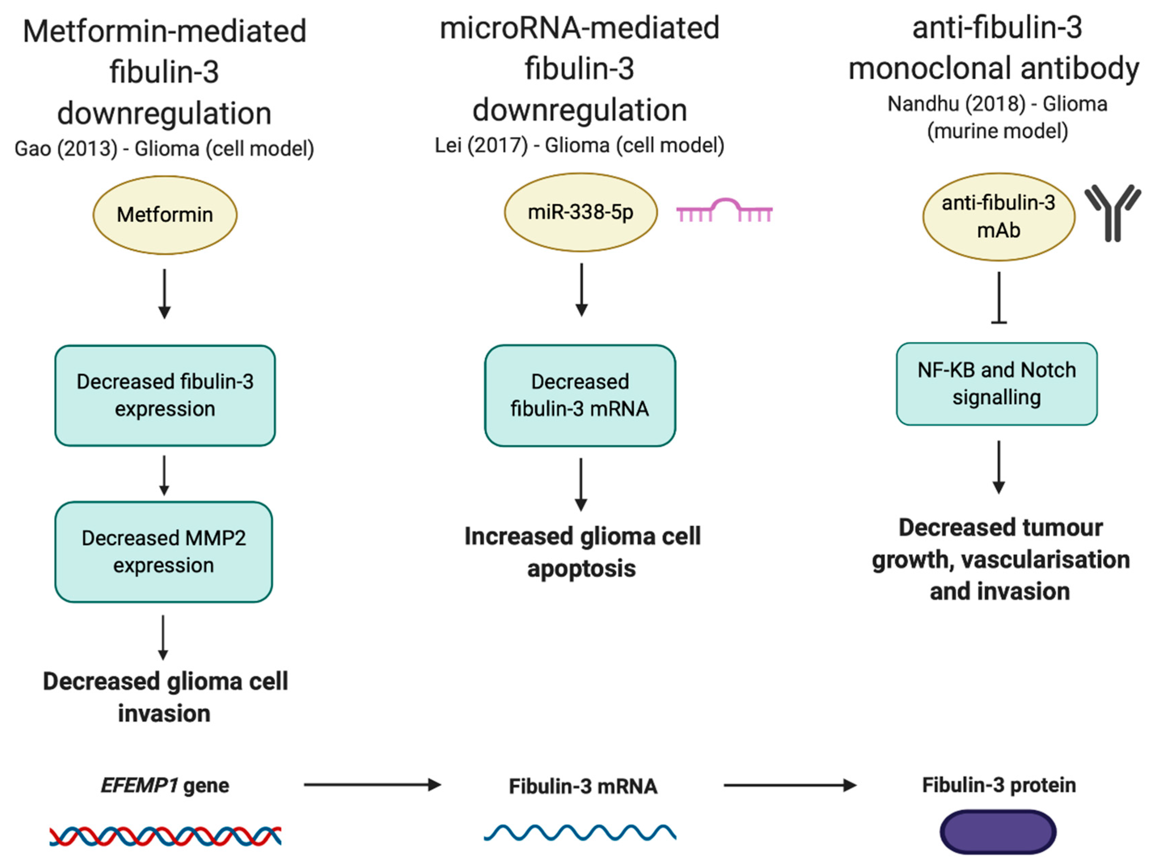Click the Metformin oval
[x=165, y=215]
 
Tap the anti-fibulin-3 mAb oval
[x=998, y=217]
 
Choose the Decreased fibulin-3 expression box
[x=165, y=395]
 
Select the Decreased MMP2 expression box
[x=164, y=552]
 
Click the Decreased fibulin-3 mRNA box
[x=580, y=395]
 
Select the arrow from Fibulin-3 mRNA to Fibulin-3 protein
[x=789, y=785]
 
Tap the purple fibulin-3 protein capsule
[x=998, y=832]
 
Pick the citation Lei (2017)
[x=482, y=145]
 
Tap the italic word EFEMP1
[x=139, y=785]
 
